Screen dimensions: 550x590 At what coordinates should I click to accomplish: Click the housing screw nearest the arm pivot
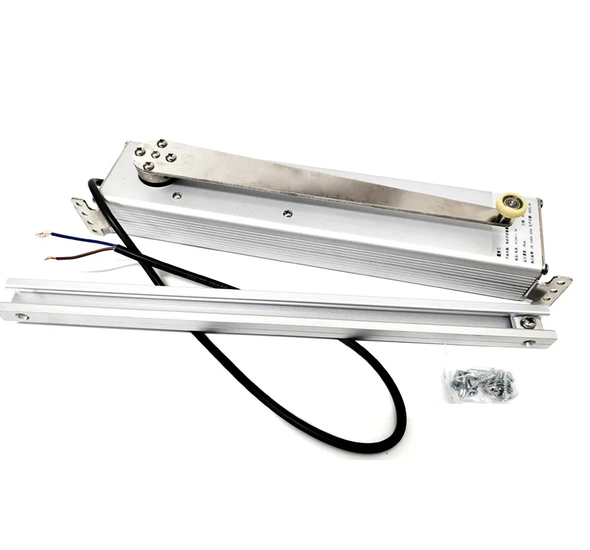coord(175,194)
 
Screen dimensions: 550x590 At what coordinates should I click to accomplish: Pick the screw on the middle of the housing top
coord(286,212)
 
